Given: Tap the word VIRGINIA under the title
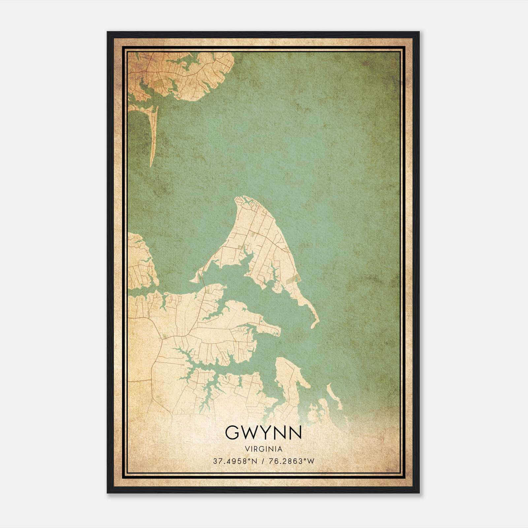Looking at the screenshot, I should (263, 449).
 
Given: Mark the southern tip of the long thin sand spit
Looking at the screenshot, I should (151, 166).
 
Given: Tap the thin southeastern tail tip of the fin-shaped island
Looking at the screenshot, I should (313, 327).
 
